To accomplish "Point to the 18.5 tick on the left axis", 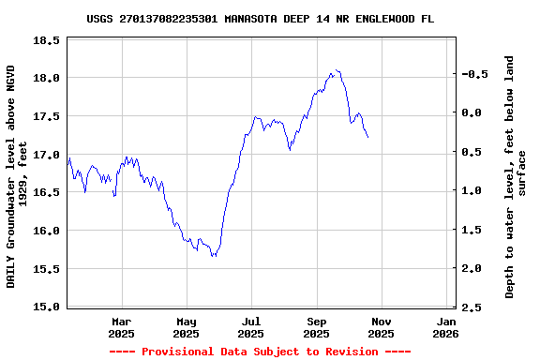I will point(47,40).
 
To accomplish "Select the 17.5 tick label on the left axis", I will point(47,116).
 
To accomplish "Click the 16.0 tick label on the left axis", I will point(47,231).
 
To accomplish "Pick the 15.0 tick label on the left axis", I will point(47,307).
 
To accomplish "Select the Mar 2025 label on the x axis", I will point(122,326).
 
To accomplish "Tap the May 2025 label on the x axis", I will point(187,326).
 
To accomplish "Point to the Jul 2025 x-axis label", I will point(250,326).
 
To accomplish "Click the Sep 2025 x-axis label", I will point(316,326).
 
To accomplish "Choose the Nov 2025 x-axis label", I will point(381,326).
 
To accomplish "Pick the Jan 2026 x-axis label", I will point(445,326).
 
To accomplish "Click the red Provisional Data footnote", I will point(260,352).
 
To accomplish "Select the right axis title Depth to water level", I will point(516,176).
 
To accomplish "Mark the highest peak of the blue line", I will point(335,69).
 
